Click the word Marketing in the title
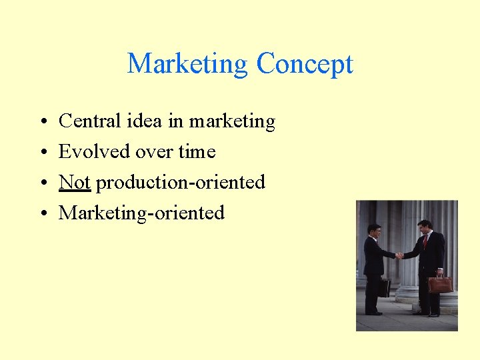(187, 65)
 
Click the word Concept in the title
(304, 65)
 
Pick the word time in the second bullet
(197, 152)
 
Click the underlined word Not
(74, 182)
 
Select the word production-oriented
(181, 183)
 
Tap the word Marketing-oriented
(141, 213)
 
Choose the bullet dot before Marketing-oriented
(42, 214)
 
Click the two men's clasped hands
(399, 255)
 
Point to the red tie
(425, 241)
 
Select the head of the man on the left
(374, 231)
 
